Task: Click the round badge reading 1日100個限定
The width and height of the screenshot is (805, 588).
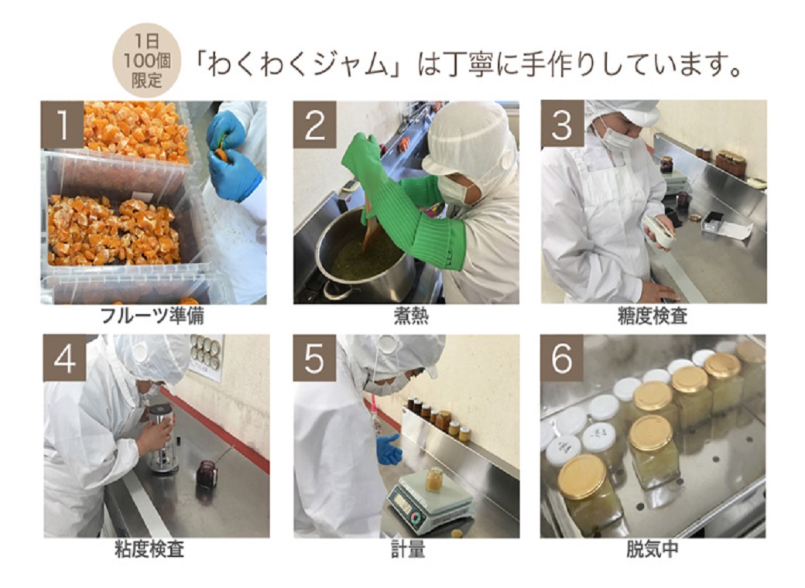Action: tap(147, 60)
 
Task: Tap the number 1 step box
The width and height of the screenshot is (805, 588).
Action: tap(62, 125)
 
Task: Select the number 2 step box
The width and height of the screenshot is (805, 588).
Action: tap(315, 125)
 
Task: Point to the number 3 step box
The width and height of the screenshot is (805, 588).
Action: tap(562, 125)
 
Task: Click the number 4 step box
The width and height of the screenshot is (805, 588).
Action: tap(64, 358)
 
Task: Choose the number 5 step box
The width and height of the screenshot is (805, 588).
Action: tap(314, 358)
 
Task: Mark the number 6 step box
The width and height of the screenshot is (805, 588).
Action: tap(562, 358)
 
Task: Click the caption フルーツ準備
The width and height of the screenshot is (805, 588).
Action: tap(152, 316)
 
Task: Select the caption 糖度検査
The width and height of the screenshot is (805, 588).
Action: tap(653, 316)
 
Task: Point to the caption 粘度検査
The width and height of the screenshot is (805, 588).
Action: tap(149, 549)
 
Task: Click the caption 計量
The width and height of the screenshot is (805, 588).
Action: tap(408, 549)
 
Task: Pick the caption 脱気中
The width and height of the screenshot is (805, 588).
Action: tap(653, 549)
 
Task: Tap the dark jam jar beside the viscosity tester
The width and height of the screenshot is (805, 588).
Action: tap(207, 474)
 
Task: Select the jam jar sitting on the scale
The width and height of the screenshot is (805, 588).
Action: tap(433, 479)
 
